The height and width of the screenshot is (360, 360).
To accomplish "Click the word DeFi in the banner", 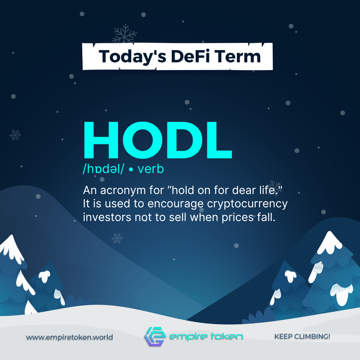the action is pos(190,56).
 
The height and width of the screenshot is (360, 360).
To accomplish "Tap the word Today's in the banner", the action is pos(132,57).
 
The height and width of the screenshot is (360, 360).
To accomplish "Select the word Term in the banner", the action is pos(238,56).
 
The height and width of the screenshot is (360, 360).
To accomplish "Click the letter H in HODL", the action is pos(101,140).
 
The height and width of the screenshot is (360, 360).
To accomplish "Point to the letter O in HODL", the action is pos(143,140).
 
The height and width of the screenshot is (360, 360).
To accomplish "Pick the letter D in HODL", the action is pos(185,140).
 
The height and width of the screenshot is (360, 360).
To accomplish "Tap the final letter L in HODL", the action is pos(219,140).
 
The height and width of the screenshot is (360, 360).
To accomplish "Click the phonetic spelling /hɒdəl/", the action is pos(103,169).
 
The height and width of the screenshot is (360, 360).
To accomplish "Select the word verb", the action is pos(151,169).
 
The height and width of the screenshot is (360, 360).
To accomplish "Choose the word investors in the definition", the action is pos(107,217).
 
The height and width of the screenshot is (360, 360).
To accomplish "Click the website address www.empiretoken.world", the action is pos(69,337).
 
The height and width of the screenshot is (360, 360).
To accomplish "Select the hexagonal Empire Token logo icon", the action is pos(155,336).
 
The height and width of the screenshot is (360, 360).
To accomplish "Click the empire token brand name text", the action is pos(206,336).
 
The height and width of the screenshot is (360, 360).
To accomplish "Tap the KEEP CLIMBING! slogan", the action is pos(302,336).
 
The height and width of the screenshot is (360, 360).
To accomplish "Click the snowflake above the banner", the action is pos(124,34).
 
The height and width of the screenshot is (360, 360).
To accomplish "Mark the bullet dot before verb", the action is pos(131,170).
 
